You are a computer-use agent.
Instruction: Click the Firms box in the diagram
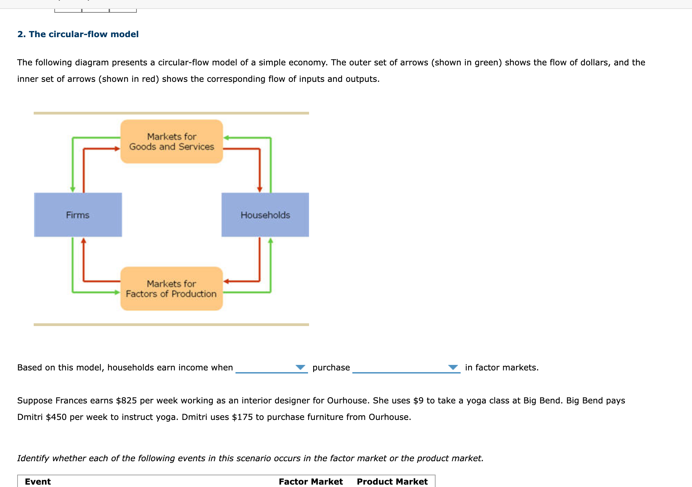(78, 215)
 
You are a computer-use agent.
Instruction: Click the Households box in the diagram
(265, 215)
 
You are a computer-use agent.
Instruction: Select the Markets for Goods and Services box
(172, 141)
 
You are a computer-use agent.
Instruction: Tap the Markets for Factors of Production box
(172, 289)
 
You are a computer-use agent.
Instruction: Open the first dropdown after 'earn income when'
(271, 368)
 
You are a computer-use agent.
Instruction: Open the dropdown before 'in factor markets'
(406, 368)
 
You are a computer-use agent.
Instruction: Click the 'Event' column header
(38, 481)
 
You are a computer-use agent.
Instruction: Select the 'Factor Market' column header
(311, 481)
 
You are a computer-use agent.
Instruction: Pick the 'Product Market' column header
(392, 481)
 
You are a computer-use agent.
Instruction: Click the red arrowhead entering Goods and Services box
(117, 149)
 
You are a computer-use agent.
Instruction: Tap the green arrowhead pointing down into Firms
(73, 189)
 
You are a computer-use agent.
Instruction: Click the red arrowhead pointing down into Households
(260, 189)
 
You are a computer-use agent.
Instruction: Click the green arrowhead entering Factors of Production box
(117, 292)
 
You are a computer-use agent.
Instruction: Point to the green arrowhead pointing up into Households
(271, 241)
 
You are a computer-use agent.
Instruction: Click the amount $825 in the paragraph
(126, 401)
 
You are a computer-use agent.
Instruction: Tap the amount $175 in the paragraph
(242, 417)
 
